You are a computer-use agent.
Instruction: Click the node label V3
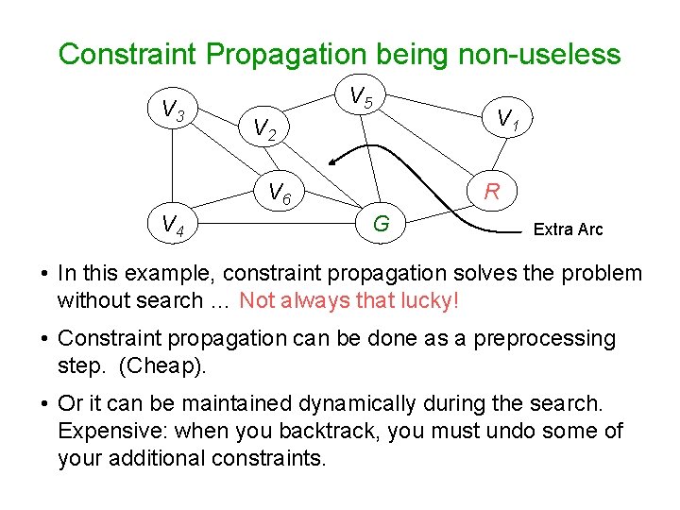point(173,111)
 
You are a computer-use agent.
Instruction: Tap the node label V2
point(263,129)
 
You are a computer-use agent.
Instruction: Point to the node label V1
point(510,119)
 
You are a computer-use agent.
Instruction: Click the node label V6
point(280,194)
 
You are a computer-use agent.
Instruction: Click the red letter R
point(492,193)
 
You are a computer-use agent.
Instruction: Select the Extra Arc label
point(568,229)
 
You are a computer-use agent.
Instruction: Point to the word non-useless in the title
point(539,54)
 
